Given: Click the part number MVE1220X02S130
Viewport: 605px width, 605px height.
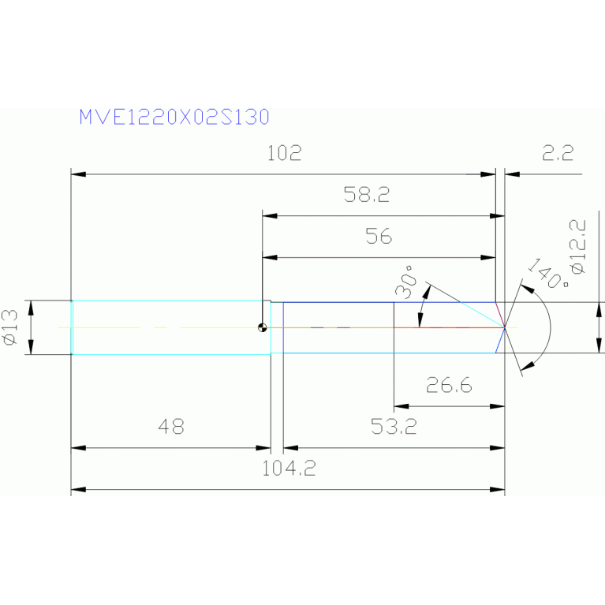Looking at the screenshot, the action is tap(174, 117).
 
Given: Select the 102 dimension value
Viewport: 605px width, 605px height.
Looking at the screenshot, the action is tap(284, 153).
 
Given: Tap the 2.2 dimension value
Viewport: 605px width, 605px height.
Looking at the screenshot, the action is tap(557, 153).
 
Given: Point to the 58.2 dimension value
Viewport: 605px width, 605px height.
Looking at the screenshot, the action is tap(367, 195).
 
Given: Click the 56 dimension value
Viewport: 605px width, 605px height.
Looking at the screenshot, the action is tap(379, 236).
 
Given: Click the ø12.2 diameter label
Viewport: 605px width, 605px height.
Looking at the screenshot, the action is tap(578, 247).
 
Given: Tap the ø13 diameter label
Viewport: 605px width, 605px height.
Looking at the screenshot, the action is tap(10, 327).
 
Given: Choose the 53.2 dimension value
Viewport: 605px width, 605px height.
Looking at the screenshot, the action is tap(394, 428).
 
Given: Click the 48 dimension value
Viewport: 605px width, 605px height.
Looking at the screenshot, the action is tap(170, 427).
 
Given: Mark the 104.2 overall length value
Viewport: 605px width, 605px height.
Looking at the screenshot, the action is tap(289, 469).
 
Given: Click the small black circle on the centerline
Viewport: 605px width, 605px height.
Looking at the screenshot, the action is tap(262, 328).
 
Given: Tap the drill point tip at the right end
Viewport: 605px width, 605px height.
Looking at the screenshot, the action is tap(505, 327).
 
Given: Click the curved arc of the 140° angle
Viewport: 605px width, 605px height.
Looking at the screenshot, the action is tap(548, 327).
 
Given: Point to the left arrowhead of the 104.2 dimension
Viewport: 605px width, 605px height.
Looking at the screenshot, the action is tap(77, 490).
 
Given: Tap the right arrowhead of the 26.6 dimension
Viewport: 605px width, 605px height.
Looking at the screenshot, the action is tap(499, 406).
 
